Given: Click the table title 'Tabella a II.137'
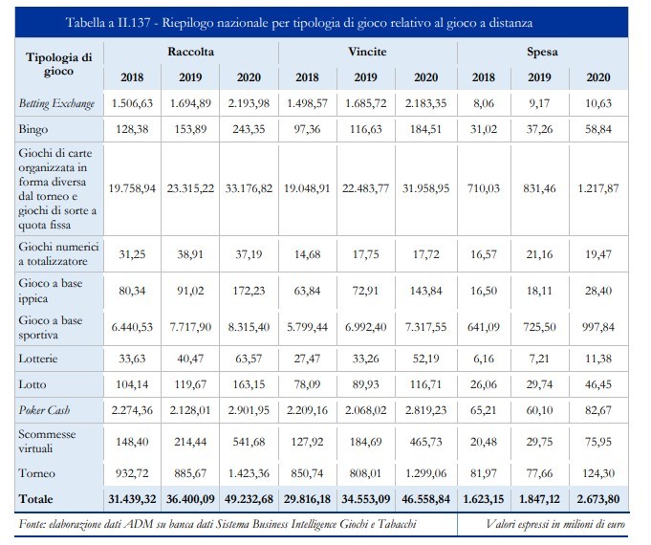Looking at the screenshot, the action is pyautogui.click(x=108, y=22).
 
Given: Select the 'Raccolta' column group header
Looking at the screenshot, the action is pyautogui.click(x=190, y=52).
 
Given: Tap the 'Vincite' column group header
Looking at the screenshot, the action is pyautogui.click(x=367, y=52).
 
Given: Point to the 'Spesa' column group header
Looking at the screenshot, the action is pyautogui.click(x=542, y=52).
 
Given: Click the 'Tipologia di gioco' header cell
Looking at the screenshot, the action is pyautogui.click(x=58, y=64).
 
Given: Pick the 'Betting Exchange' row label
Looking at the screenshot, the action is pyautogui.click(x=57, y=103).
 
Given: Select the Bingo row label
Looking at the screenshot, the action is pyautogui.click(x=33, y=129).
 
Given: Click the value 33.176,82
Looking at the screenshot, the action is pyautogui.click(x=249, y=188).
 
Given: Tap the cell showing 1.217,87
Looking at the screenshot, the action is pyautogui.click(x=598, y=188).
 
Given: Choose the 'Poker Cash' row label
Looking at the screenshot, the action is pyautogui.click(x=44, y=410).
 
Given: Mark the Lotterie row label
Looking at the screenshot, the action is pyautogui.click(x=38, y=359).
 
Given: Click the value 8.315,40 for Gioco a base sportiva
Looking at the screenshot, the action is pyautogui.click(x=249, y=327).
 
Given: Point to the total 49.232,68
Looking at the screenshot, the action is pyautogui.click(x=249, y=499).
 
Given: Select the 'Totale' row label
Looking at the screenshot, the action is pyautogui.click(x=36, y=499).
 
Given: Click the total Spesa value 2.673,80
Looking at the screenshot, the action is pyautogui.click(x=598, y=499).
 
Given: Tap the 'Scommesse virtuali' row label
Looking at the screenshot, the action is pyautogui.click(x=47, y=441).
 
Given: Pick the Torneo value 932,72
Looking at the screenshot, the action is pyautogui.click(x=132, y=473).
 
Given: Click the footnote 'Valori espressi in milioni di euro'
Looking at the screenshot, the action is pyautogui.click(x=555, y=524).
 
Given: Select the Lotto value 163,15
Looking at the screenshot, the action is pyautogui.click(x=249, y=384).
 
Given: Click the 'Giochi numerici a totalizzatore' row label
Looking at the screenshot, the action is pyautogui.click(x=58, y=253).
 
